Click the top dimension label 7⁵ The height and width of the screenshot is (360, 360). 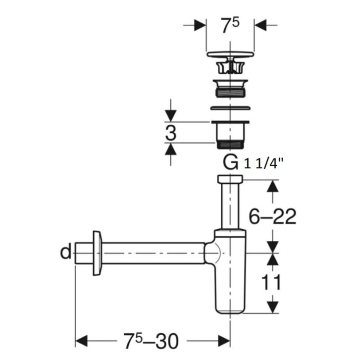[230, 26]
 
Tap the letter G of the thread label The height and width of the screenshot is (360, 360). [230, 162]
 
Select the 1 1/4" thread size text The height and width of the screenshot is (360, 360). [263, 164]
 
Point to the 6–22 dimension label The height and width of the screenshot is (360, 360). [272, 216]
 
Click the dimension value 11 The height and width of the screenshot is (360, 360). [271, 282]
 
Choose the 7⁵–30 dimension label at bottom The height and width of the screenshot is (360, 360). [151, 341]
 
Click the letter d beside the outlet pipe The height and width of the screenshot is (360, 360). [66, 252]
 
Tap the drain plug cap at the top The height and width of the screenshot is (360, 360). [230, 54]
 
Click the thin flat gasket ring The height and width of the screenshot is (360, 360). [230, 107]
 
